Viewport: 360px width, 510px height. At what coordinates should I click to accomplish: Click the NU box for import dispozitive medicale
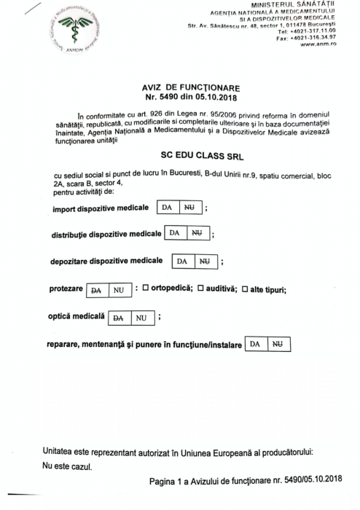[191, 207]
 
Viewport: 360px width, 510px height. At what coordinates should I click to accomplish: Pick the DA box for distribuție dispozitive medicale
[175, 233]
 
